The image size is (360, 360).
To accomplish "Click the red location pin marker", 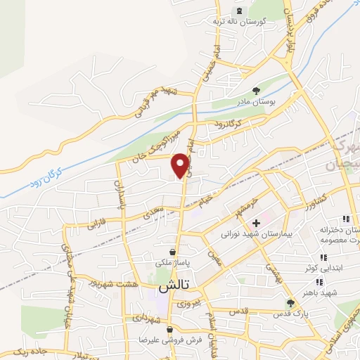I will [x=181, y=164].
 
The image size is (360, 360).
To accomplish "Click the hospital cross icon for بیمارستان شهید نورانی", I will [x=256, y=224].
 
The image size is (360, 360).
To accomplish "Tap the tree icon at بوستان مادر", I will [x=256, y=90].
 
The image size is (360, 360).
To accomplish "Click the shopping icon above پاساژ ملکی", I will [x=173, y=251].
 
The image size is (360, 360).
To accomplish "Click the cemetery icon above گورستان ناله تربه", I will [x=239, y=10].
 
